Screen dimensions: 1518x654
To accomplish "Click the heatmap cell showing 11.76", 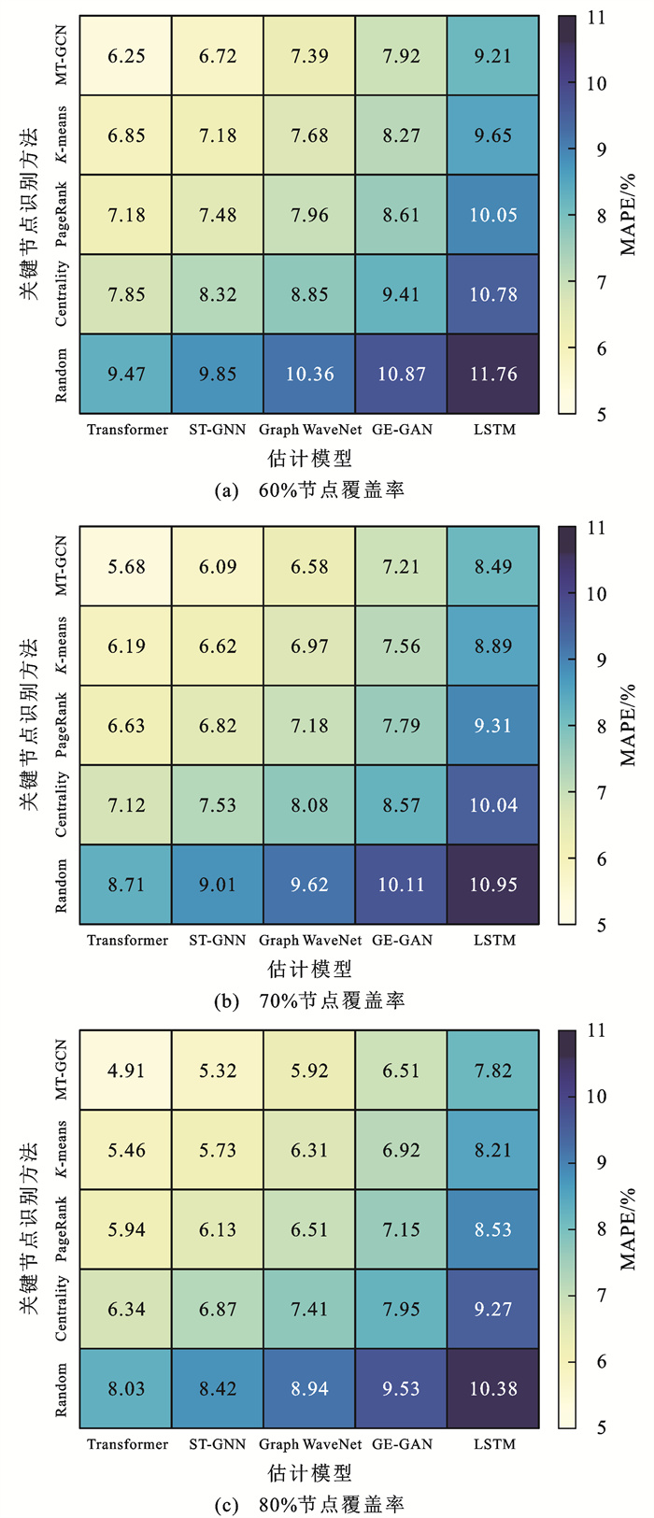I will pyautogui.click(x=493, y=374).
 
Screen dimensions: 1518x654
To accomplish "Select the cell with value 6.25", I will pyautogui.click(x=126, y=56).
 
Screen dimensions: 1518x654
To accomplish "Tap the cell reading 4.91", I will pyautogui.click(x=126, y=1071).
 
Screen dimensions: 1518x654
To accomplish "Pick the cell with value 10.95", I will pyautogui.click(x=493, y=885).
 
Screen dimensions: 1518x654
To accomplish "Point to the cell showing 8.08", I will pyautogui.click(x=309, y=805).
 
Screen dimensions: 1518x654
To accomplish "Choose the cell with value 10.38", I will pyautogui.click(x=493, y=1389).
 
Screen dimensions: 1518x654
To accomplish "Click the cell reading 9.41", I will pyautogui.click(x=401, y=294).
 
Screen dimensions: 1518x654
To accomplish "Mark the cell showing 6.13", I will pyautogui.click(x=218, y=1229).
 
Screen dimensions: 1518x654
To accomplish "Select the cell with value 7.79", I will pyautogui.click(x=401, y=726).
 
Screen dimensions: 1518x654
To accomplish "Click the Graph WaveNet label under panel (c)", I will pyautogui.click(x=309, y=1444).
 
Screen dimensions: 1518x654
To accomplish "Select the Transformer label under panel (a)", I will pyautogui.click(x=127, y=430).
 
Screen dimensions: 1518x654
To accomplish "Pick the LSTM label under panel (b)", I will pyautogui.click(x=494, y=941).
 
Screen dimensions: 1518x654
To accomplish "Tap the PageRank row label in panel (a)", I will pyautogui.click(x=62, y=215).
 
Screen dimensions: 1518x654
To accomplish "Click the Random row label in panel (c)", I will pyautogui.click(x=62, y=1389).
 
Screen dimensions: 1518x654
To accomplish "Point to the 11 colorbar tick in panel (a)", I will pyautogui.click(x=596, y=18).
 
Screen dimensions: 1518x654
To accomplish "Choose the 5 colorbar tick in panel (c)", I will pyautogui.click(x=596, y=1427).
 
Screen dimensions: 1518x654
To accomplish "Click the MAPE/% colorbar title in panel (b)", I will pyautogui.click(x=628, y=726).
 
